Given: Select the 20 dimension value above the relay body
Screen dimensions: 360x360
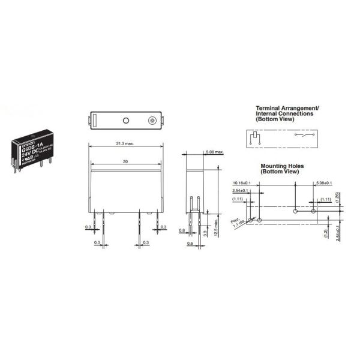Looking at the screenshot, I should [x=125, y=161].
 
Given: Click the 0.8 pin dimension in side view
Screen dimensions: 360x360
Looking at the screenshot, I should [x=181, y=229].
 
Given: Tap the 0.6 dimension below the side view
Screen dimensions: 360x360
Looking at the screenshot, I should [x=190, y=243].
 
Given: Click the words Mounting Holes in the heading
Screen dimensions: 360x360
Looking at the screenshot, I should [x=279, y=166].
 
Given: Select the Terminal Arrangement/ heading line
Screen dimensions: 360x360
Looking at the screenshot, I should [x=287, y=107].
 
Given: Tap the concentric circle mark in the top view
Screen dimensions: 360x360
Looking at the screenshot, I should [x=153, y=121].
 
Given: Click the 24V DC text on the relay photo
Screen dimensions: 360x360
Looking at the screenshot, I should [x=32, y=154].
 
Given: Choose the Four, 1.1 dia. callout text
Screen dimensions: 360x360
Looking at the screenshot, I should [x=238, y=224].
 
